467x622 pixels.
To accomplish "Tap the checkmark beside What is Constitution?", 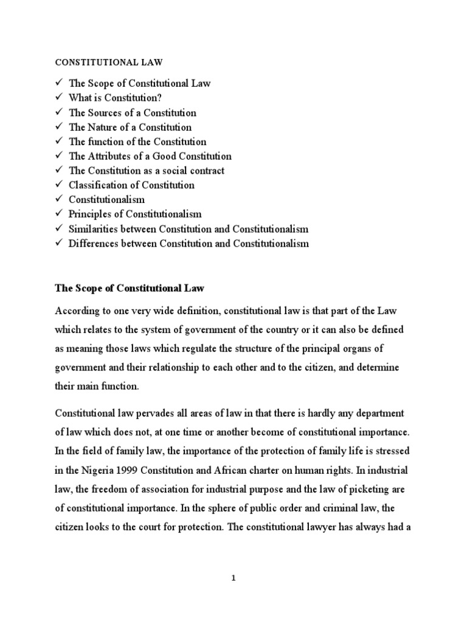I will tap(58, 98).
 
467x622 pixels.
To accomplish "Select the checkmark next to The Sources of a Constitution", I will tap(58, 112).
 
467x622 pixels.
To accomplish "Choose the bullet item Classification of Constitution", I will tap(131, 185).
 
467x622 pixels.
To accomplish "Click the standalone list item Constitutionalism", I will tap(106, 200).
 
